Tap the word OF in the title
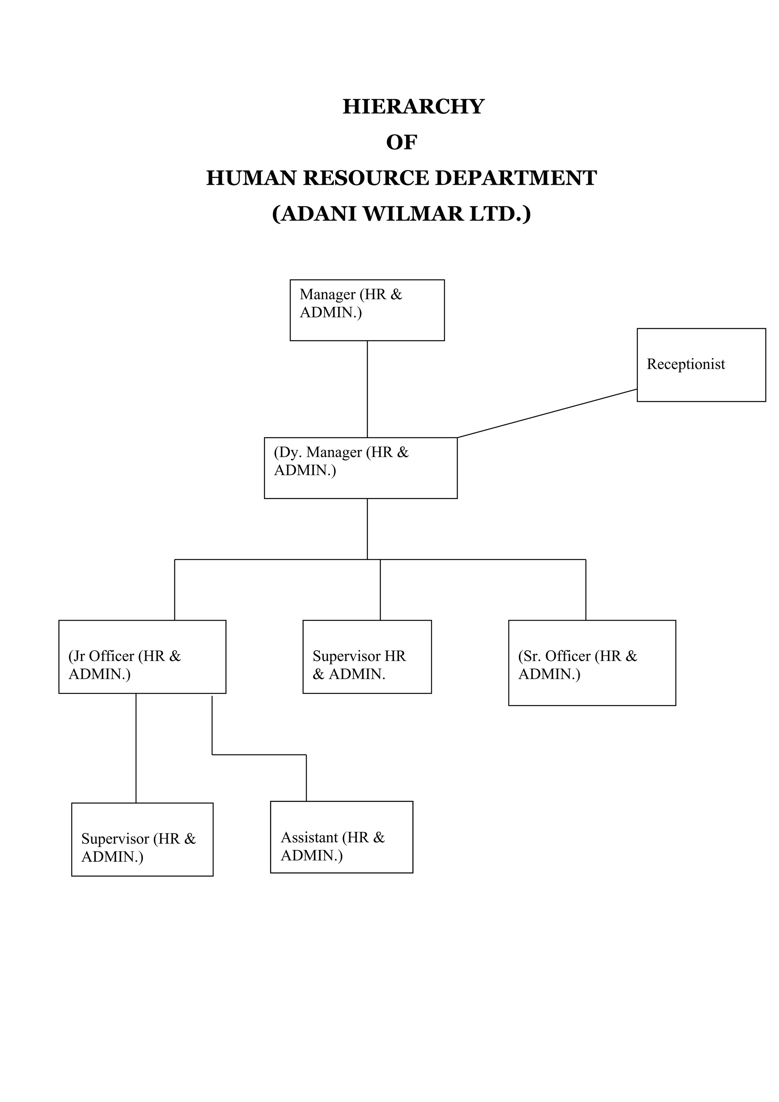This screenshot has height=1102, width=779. point(401,143)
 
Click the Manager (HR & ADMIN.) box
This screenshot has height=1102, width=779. point(367,310)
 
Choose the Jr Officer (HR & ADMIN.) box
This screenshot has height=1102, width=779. point(142,657)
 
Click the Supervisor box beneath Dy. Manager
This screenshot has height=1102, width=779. point(367,657)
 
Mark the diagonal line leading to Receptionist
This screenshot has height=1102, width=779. point(547,413)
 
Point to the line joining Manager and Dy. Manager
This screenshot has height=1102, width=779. point(367,389)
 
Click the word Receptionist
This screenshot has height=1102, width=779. point(685,364)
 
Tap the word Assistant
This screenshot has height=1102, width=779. point(309,838)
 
